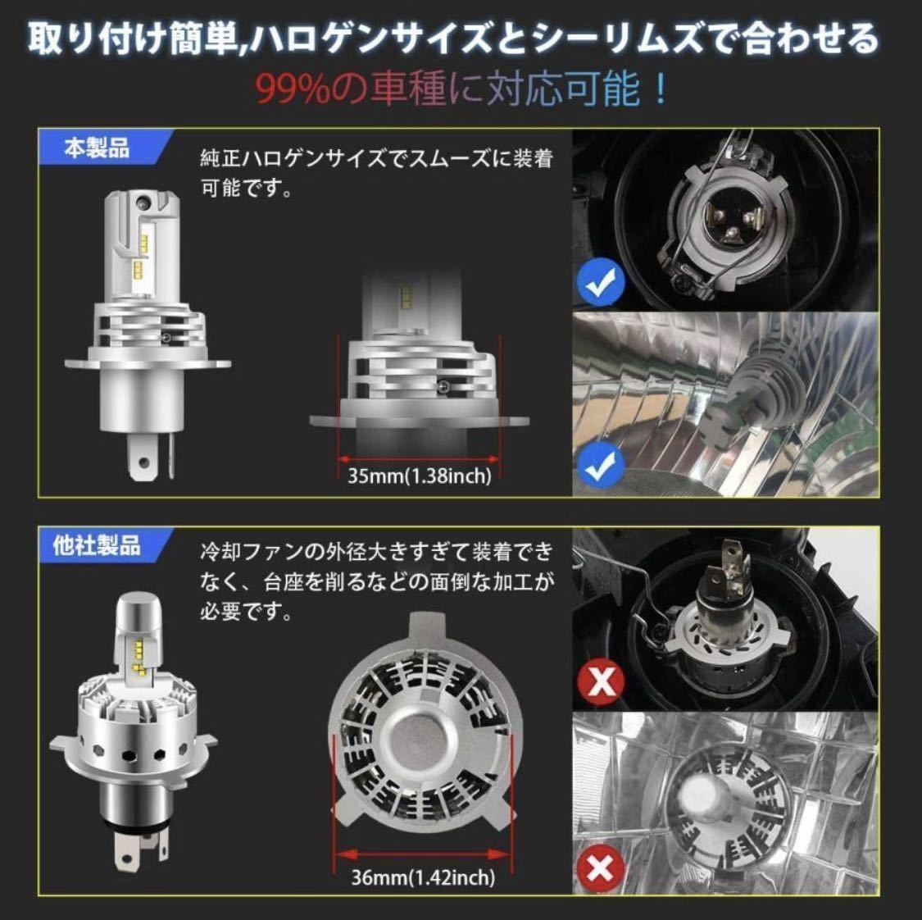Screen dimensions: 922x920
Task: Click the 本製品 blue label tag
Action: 100,148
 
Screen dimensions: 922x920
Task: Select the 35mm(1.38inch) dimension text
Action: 420,475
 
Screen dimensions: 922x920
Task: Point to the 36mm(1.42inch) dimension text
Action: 423,877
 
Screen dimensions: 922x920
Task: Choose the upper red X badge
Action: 601,681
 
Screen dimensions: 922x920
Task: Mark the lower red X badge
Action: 600,868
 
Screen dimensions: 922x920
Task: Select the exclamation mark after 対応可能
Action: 661,89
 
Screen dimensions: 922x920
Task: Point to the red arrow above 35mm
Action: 420,459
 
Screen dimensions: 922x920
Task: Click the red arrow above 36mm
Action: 422,854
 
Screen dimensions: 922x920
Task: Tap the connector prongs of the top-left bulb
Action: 151,455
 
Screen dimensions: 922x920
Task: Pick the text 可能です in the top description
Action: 247,189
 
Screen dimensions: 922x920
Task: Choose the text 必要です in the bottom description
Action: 247,613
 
